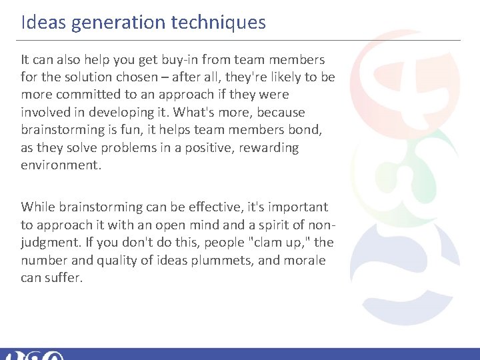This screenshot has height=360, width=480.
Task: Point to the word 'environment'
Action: pyautogui.click(x=61, y=164)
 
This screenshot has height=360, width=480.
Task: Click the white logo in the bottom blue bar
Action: pyautogui.click(x=33, y=355)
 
